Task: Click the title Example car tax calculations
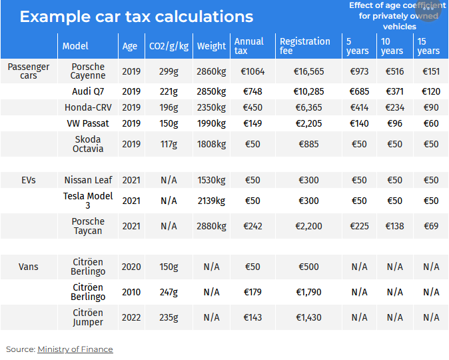(136, 17)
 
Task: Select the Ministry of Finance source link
(75, 349)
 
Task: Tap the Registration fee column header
(304, 46)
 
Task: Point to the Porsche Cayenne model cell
(89, 71)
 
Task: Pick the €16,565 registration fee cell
(308, 71)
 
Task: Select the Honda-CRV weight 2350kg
(211, 107)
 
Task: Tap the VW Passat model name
(88, 123)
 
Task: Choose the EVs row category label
(29, 180)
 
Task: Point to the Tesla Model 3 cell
(88, 201)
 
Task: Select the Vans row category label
(29, 267)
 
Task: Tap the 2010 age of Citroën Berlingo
(131, 292)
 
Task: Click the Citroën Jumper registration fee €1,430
(308, 317)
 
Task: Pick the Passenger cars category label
(29, 71)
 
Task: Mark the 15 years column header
(428, 46)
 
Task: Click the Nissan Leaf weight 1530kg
(211, 180)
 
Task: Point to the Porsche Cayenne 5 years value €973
(359, 71)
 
